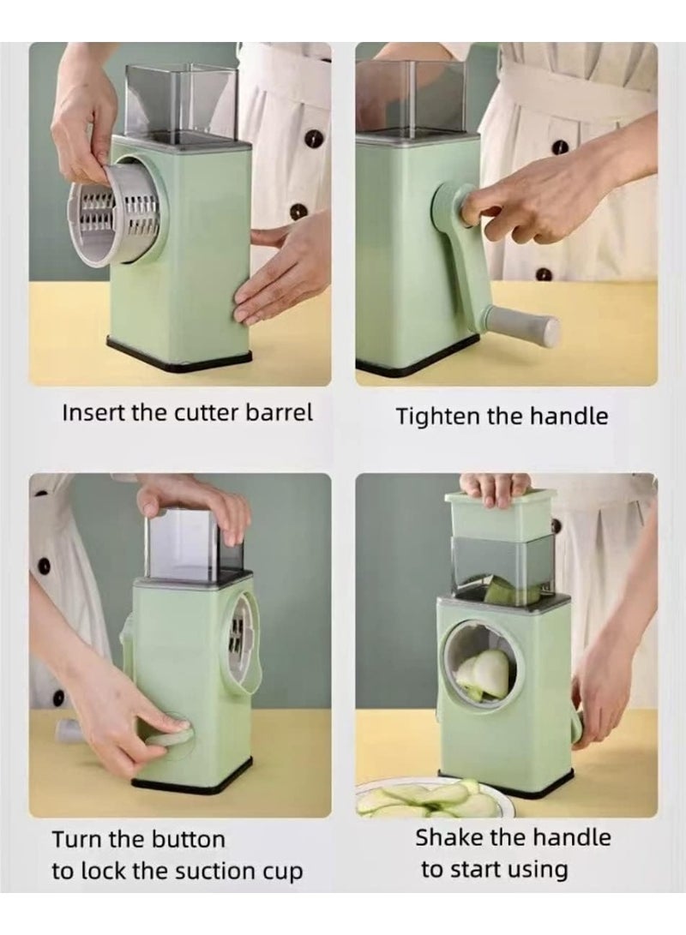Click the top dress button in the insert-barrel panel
click(x=314, y=138)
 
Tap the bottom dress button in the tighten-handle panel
click(x=544, y=275)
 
